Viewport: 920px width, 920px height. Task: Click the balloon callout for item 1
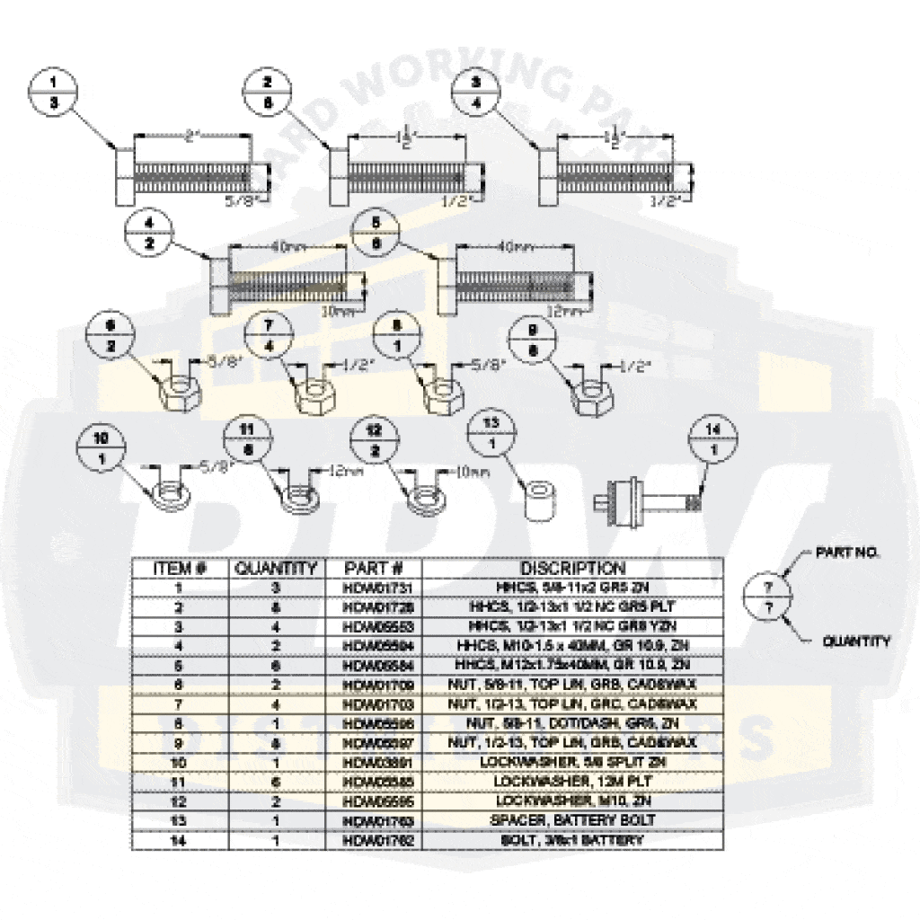click(x=53, y=93)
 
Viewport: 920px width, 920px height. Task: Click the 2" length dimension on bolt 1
click(x=192, y=137)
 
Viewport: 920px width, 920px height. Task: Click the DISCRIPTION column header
click(x=572, y=569)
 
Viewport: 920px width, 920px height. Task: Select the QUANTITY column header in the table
click(x=276, y=569)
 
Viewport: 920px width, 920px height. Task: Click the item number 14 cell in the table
click(x=179, y=839)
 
